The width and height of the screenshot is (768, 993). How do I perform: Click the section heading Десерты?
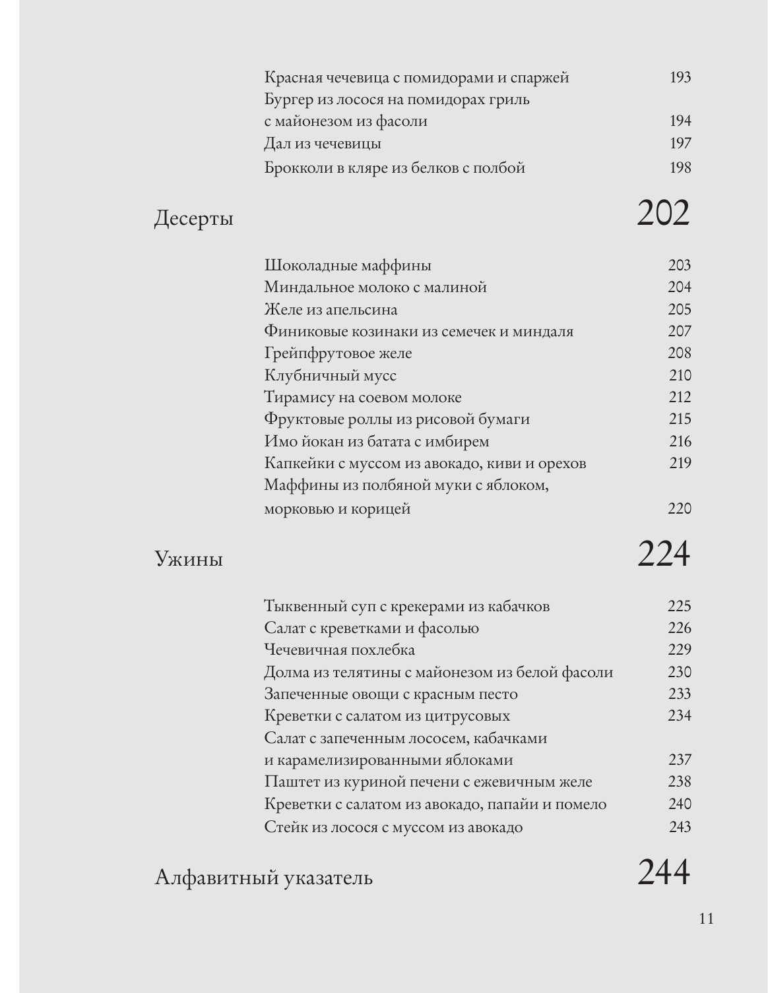pyautogui.click(x=193, y=218)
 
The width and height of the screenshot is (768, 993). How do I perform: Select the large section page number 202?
pyautogui.click(x=663, y=214)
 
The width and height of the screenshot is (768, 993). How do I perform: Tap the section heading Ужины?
pyautogui.click(x=189, y=559)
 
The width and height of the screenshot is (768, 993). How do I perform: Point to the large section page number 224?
pyautogui.click(x=663, y=554)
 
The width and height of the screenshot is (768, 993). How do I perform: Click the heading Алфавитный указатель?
pyautogui.click(x=263, y=878)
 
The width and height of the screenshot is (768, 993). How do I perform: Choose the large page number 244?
pyautogui.click(x=663, y=872)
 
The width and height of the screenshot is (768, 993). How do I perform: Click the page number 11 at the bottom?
pyautogui.click(x=706, y=918)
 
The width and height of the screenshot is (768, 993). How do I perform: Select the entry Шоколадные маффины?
pyautogui.click(x=348, y=266)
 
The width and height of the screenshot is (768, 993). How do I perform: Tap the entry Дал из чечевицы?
pyautogui.click(x=323, y=144)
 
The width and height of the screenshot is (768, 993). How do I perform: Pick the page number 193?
pyautogui.click(x=680, y=78)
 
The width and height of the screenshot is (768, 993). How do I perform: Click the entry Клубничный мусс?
pyautogui.click(x=330, y=376)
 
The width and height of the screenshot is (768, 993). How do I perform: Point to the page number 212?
pyautogui.click(x=679, y=397)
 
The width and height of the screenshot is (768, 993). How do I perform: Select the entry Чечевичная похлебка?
pyautogui.click(x=339, y=650)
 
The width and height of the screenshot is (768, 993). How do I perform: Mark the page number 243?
pyautogui.click(x=680, y=827)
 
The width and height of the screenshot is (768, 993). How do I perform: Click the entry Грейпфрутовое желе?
pyautogui.click(x=338, y=353)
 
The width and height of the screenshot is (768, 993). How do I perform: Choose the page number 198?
pyautogui.click(x=680, y=167)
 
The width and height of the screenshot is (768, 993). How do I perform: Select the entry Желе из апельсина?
pyautogui.click(x=331, y=310)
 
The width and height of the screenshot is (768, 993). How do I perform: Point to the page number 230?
pyautogui.click(x=679, y=673)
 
